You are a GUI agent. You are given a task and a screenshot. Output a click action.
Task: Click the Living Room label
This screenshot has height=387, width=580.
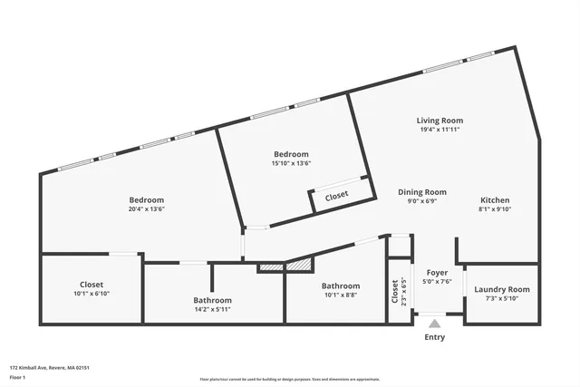click(440, 121)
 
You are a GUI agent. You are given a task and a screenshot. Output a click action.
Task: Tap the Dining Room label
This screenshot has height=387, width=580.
click(422, 192)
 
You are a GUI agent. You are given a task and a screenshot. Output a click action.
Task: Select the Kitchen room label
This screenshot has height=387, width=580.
click(495, 200)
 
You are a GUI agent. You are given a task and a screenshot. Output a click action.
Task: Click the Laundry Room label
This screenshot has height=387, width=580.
click(501, 289)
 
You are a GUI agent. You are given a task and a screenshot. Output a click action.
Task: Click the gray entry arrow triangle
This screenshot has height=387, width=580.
click(435, 322)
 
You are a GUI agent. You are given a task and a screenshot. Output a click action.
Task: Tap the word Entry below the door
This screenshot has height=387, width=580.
click(435, 337)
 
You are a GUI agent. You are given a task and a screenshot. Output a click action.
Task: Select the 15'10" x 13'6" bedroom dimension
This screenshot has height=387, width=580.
click(291, 164)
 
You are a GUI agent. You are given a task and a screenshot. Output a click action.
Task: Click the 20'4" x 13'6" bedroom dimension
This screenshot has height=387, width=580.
click(146, 208)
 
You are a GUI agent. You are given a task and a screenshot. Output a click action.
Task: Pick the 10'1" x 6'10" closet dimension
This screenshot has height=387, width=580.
click(91, 293)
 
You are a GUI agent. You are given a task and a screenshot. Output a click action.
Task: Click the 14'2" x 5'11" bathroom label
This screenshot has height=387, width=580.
click(212, 300)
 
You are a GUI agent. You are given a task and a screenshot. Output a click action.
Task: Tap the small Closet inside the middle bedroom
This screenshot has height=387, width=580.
click(336, 195)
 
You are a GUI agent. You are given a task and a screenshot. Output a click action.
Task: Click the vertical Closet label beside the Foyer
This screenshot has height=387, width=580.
click(395, 291)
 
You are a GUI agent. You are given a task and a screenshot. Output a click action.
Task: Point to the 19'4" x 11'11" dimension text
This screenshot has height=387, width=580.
click(440, 130)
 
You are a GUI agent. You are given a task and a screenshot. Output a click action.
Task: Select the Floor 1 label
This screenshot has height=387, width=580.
click(18, 376)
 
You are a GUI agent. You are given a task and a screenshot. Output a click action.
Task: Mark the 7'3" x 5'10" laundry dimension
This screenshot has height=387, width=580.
click(501, 298)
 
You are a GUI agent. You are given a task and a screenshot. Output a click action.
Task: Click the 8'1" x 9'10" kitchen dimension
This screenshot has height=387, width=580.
click(495, 209)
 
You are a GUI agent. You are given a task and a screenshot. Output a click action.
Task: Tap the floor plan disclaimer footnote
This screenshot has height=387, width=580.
click(290, 380)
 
